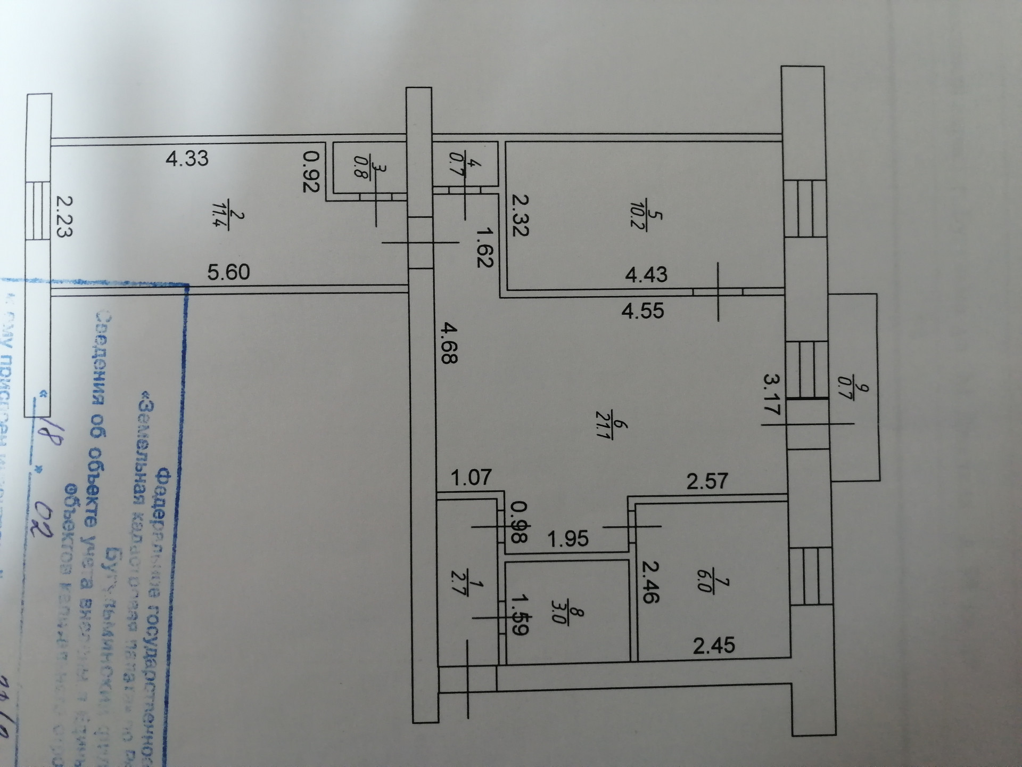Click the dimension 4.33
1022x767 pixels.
(x=187, y=159)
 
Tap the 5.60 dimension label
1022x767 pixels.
(x=228, y=272)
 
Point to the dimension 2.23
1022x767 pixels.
(x=64, y=216)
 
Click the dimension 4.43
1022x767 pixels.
(x=646, y=275)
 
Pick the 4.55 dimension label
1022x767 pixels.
(x=643, y=311)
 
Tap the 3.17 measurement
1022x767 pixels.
(x=772, y=394)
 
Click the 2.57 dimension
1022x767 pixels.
(x=707, y=482)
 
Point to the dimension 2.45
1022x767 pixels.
(x=714, y=646)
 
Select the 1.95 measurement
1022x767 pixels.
(x=568, y=538)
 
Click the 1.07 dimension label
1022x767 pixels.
(x=471, y=477)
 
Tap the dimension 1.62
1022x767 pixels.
(x=484, y=247)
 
